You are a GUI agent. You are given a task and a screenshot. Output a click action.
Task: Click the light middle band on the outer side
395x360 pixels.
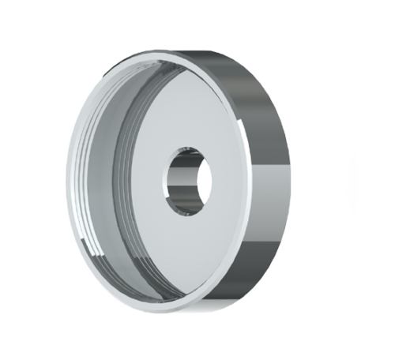[269, 178]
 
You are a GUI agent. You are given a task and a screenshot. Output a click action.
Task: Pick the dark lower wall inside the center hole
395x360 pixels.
[190, 207]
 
